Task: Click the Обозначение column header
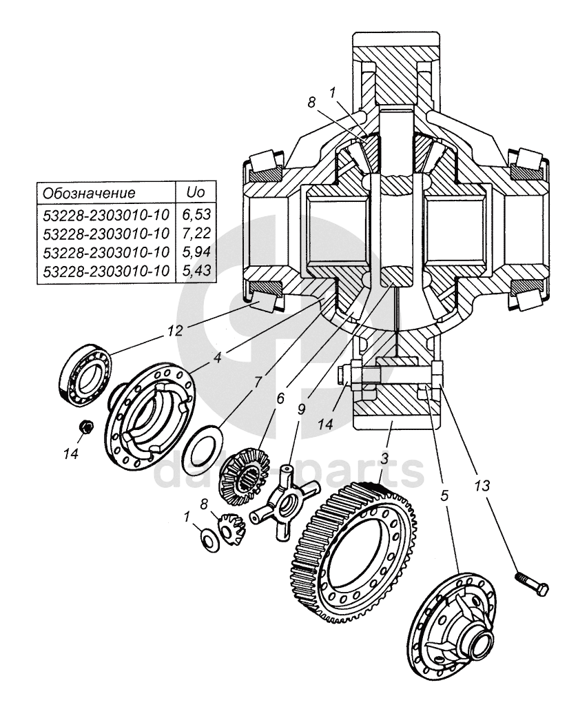pos(89,192)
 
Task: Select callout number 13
pos(482,485)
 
